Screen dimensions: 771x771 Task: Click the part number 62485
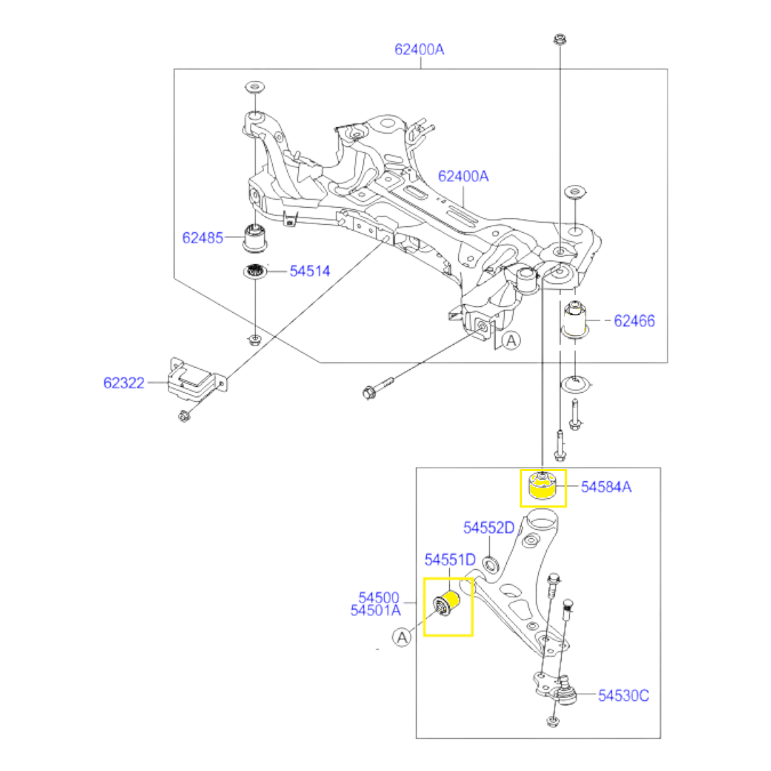point(203,238)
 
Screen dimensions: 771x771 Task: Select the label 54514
point(310,271)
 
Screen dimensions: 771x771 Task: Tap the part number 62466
point(635,321)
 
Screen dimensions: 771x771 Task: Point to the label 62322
point(124,383)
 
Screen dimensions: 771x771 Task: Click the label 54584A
point(606,487)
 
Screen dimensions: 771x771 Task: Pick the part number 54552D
point(489,528)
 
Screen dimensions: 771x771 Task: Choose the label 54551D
point(450,560)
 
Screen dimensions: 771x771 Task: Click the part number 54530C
point(623,696)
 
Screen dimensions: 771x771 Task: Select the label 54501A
point(376,610)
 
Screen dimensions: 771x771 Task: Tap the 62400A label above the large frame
point(420,49)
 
